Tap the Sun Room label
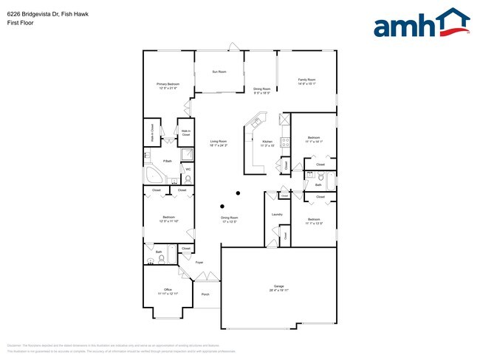pos(219,72)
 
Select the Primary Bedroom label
pos(168,86)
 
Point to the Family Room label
pos(306,80)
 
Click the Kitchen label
pos(267,142)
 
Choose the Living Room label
pos(218,142)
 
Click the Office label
pos(168,290)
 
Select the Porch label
pos(205,294)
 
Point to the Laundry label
pos(277,214)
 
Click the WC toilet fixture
pos(188,179)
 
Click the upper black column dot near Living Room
pos(238,193)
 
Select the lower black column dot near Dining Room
pos(222,206)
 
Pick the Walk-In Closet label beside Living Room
pos(185,134)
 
